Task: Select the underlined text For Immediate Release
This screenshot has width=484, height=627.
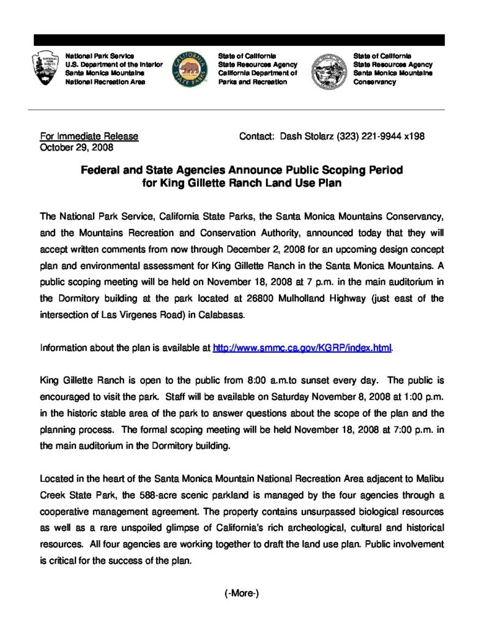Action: coord(89,136)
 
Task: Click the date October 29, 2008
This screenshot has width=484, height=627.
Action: coord(76,147)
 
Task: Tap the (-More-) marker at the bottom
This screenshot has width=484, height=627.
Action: coord(242,593)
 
